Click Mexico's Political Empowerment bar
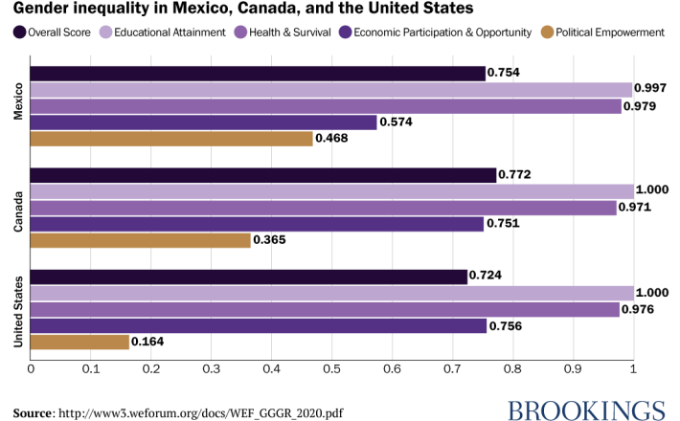coord(172,138)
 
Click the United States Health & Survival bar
coord(326,309)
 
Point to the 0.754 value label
coord(504,73)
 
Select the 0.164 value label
coord(148,341)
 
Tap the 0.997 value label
coord(651,89)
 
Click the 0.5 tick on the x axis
coord(331,367)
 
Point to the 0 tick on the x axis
coord(31,367)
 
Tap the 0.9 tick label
coord(573,367)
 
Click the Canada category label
coord(17,208)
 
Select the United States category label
coord(17,309)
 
